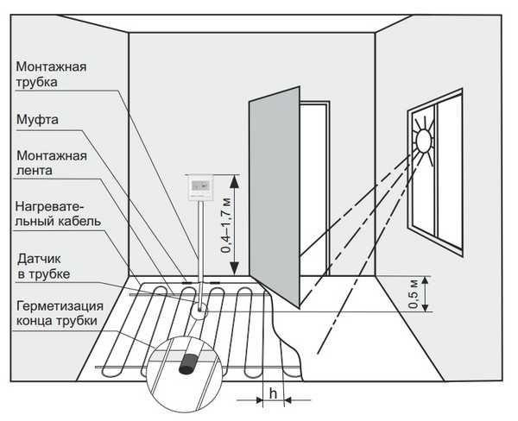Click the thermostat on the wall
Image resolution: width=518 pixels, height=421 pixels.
tap(201, 189)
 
